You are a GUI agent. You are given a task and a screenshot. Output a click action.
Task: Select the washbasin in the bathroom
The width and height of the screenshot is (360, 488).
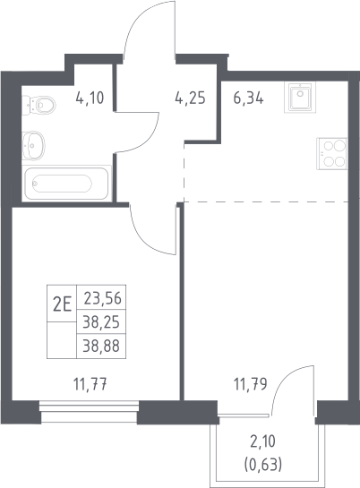point(33,145)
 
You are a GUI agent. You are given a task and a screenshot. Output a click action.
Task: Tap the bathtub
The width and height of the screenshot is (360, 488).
point(66,184)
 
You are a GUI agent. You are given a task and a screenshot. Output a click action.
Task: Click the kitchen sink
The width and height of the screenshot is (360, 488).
point(300,97)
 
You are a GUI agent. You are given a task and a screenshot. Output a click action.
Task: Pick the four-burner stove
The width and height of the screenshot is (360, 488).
point(331,153)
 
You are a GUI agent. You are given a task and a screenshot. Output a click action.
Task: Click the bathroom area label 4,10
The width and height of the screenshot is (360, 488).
point(90,98)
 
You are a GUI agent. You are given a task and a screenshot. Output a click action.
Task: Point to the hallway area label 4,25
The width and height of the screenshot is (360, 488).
point(191,98)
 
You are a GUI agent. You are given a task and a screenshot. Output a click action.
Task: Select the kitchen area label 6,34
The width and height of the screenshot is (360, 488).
point(249,98)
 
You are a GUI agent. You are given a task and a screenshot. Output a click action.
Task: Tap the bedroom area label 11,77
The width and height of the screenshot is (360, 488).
point(90,384)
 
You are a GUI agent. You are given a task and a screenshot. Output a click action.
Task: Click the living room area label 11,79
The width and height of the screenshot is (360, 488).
point(251,384)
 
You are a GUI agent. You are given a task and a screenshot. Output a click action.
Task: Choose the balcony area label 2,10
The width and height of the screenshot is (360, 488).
point(263,441)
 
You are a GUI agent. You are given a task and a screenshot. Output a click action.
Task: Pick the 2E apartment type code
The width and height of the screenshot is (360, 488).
point(62,304)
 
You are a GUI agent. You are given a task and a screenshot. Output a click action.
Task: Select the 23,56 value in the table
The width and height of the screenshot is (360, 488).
point(102,298)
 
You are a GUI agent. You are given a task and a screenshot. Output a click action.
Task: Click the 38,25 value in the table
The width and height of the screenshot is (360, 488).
point(101,322)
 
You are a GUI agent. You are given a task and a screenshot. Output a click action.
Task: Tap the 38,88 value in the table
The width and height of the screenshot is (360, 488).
point(101,346)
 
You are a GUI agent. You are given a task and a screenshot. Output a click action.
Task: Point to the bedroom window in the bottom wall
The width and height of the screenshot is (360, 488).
point(90,411)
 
